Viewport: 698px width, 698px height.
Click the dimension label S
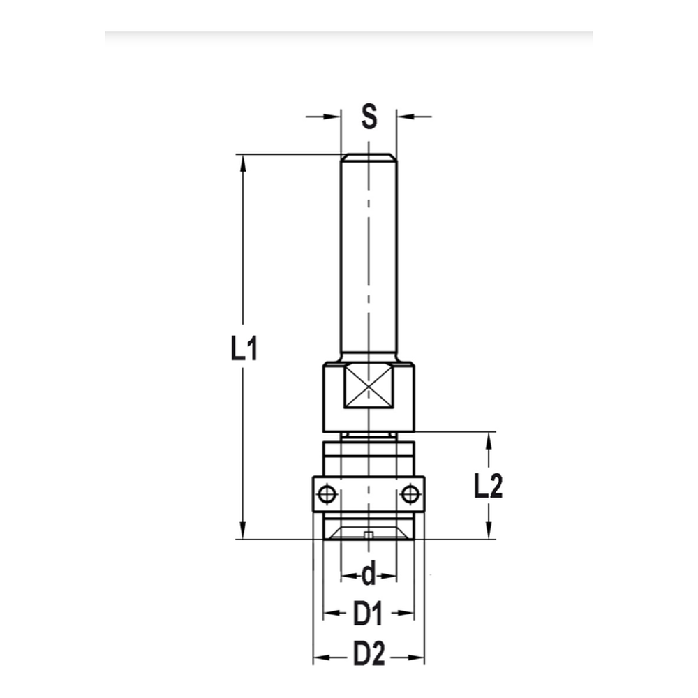(369, 117)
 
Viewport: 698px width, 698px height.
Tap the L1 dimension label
(244, 348)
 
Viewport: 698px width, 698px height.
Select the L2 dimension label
(489, 487)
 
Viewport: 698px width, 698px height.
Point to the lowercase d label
(369, 576)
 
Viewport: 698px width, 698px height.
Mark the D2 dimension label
(369, 656)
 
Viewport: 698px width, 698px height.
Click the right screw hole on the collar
(410, 495)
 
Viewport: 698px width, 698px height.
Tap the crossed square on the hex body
(369, 386)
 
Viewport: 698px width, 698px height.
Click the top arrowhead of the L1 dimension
(243, 162)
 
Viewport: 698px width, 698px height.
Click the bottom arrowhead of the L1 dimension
(243, 531)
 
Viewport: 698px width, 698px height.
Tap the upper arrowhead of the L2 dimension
(489, 440)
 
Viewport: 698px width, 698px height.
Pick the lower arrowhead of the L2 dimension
(489, 531)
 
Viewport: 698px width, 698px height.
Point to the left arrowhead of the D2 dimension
(320, 657)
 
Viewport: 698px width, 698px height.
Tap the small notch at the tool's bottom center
(369, 536)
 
